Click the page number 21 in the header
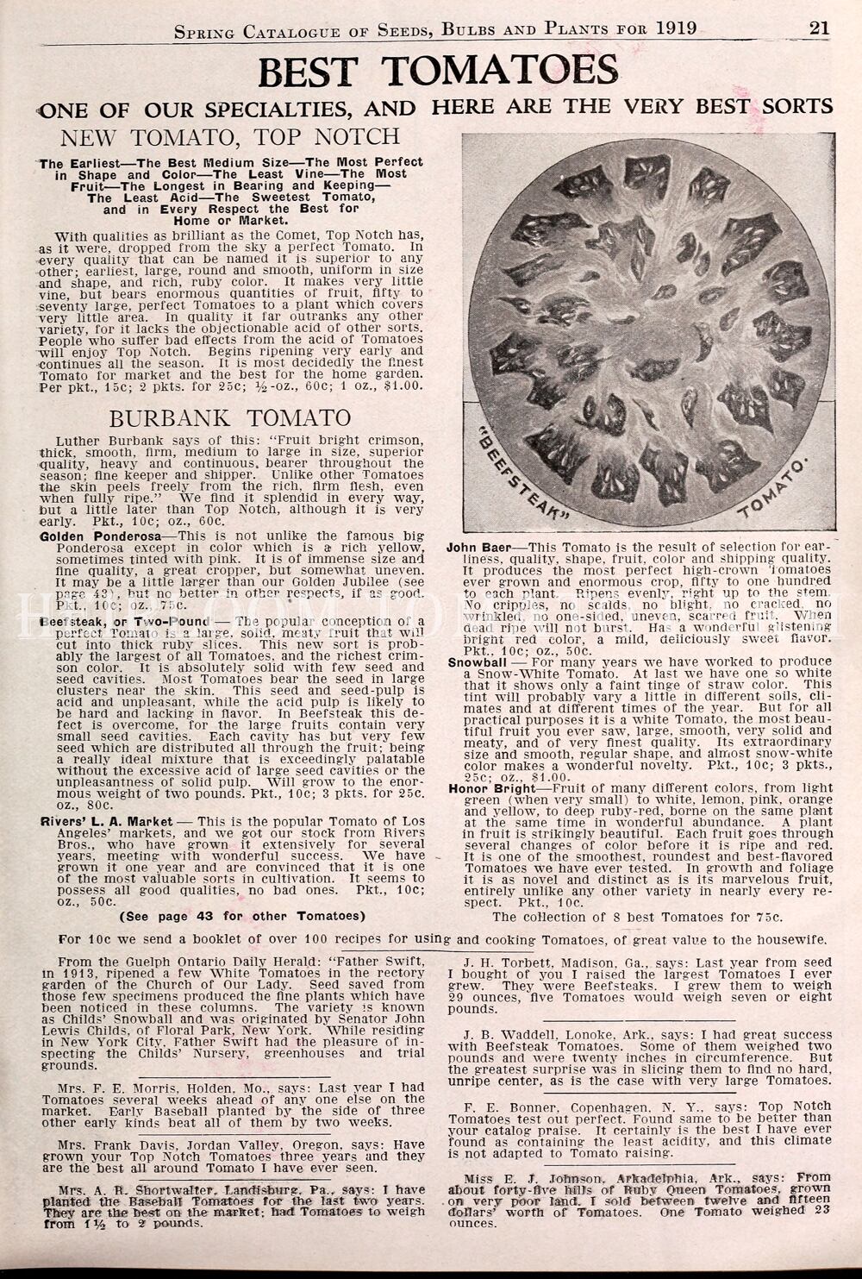[819, 28]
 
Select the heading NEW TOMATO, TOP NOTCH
[228, 136]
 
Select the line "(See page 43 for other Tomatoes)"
[242, 915]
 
